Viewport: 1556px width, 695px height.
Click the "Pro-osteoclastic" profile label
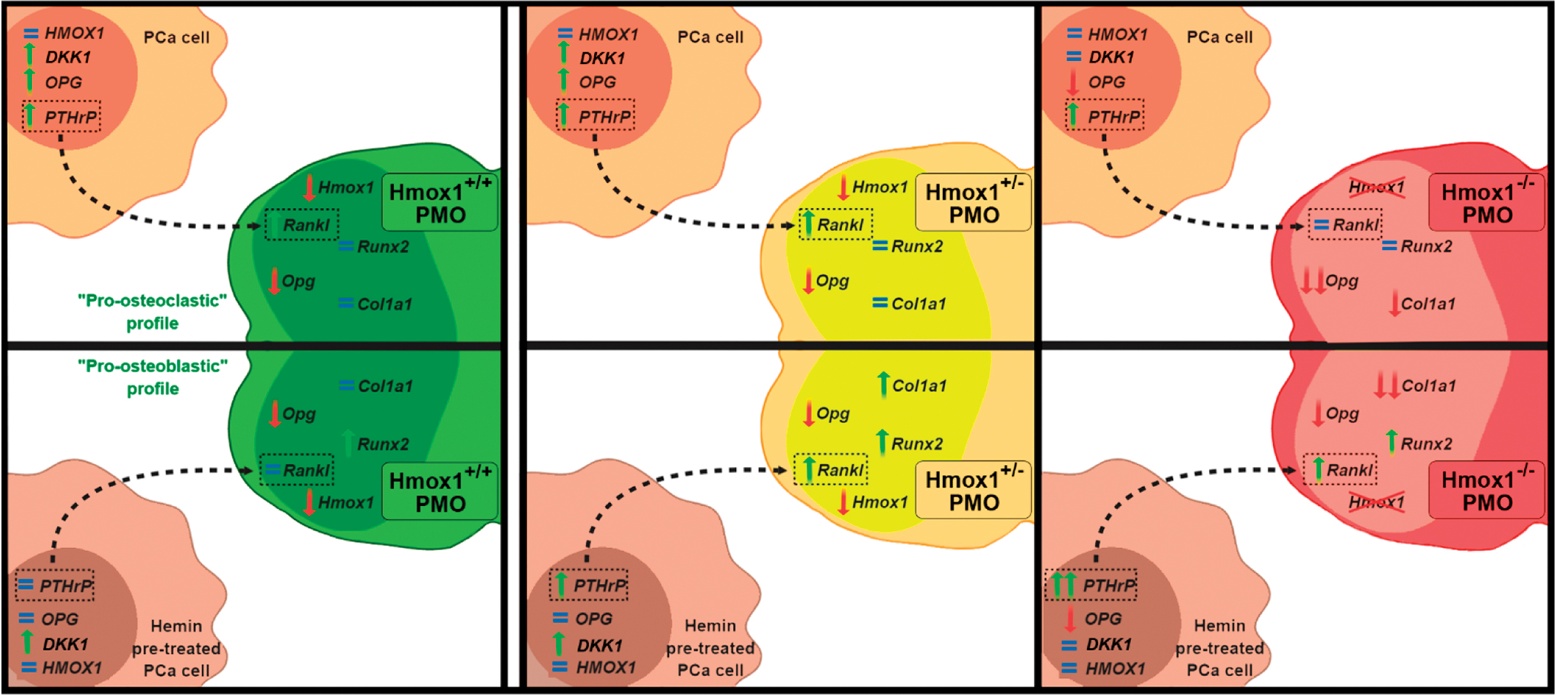[x=153, y=312]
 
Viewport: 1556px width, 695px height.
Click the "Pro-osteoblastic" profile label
[x=153, y=377]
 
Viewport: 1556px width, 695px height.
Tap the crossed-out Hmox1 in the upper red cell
[x=1377, y=187]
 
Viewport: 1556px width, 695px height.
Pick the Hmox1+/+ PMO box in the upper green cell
[x=440, y=203]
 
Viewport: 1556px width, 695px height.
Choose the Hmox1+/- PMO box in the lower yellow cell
[x=973, y=491]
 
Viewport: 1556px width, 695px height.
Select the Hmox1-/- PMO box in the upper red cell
[x=1487, y=203]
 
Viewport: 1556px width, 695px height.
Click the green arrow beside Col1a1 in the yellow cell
[x=882, y=385]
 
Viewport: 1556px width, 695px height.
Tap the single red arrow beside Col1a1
[x=1394, y=303]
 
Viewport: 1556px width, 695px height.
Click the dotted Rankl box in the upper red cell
[x=1345, y=225]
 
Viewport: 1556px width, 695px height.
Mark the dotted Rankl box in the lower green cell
[x=297, y=470]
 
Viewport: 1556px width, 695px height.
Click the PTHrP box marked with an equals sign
[x=55, y=585]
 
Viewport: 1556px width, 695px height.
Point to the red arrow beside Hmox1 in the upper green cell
[x=309, y=187]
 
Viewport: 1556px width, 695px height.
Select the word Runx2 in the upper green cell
[x=383, y=247]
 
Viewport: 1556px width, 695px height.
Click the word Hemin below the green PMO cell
[x=176, y=626]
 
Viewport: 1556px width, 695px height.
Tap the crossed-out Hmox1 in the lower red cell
[x=1377, y=501]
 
